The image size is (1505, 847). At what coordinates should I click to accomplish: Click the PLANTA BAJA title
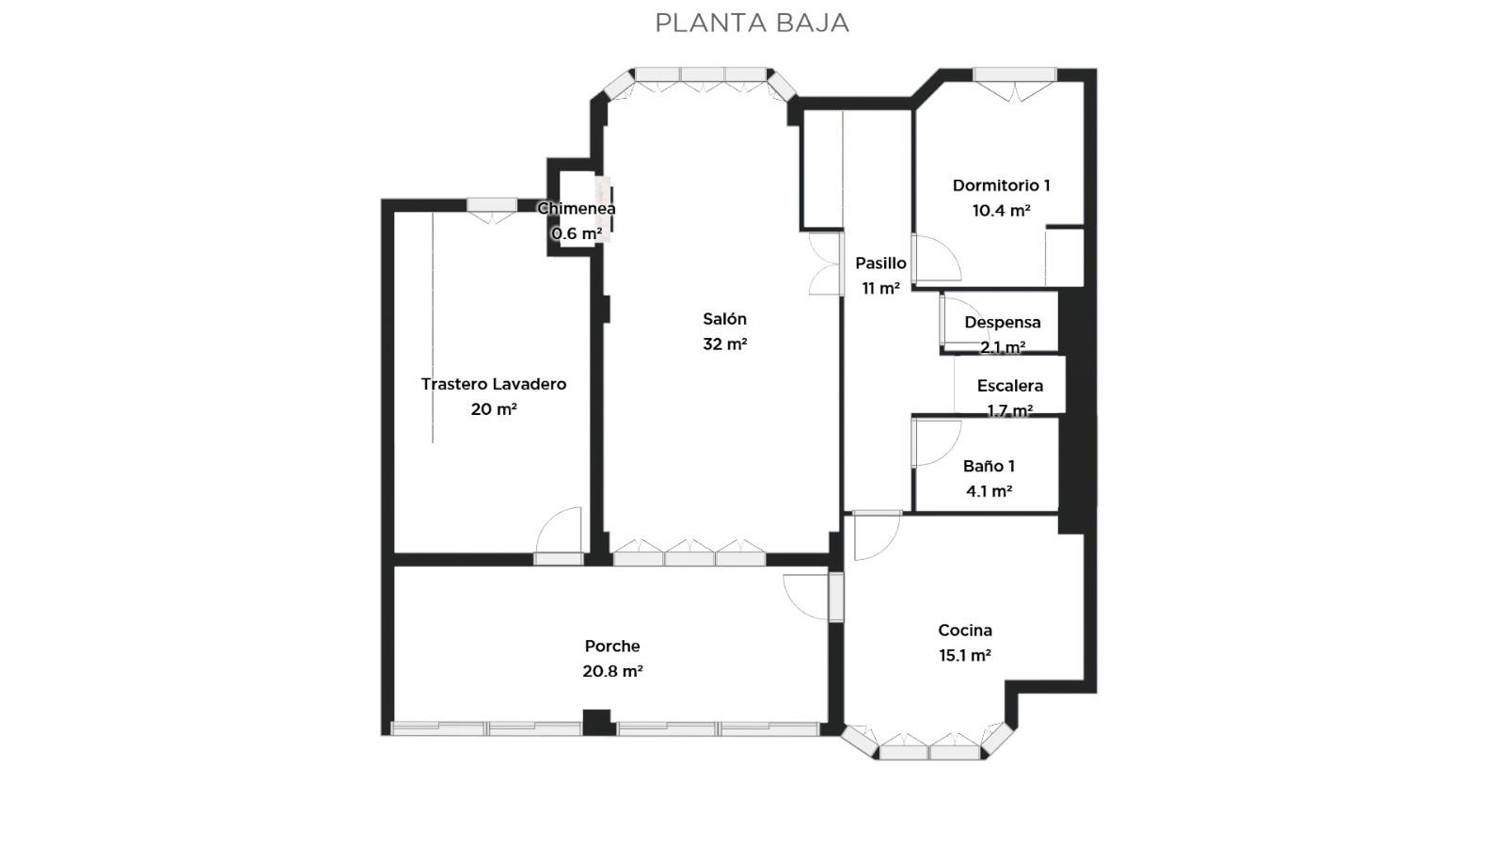coord(752,23)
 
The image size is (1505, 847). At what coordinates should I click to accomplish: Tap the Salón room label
coord(724,319)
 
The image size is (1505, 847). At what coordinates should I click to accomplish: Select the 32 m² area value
coord(725,344)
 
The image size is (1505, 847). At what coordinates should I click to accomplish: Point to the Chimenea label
coord(577,208)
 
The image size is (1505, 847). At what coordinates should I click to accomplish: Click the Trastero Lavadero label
coord(494,384)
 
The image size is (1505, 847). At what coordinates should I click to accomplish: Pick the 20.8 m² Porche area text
coord(612,671)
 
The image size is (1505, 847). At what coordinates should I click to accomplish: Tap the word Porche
coord(612,646)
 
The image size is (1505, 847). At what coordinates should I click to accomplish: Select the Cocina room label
coord(965,631)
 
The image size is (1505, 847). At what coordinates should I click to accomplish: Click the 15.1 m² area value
coord(965,655)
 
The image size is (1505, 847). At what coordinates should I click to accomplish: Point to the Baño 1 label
coord(989,466)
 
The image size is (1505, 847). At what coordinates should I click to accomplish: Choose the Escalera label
coord(1010,386)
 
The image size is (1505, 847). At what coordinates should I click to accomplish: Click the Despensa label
coord(1003,322)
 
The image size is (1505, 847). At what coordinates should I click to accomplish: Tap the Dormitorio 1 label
coord(1001,185)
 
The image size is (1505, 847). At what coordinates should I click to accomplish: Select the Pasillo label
coord(880,264)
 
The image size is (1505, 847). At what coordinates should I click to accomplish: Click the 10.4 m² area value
coord(1001,211)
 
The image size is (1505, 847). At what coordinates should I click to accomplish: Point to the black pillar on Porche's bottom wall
coord(596,722)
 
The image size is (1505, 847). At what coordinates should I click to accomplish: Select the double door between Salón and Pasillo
coord(826,264)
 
